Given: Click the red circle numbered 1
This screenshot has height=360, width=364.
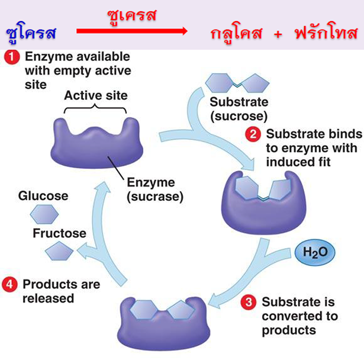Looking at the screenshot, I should [x=10, y=57].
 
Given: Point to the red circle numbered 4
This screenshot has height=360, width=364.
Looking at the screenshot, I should [x=10, y=285].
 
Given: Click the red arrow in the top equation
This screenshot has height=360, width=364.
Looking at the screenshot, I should [x=132, y=32].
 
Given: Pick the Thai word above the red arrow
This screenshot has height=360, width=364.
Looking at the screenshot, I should [x=132, y=16].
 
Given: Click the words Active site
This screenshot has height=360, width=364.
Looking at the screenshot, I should [x=96, y=96].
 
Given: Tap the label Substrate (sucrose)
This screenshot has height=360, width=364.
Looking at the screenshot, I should [x=239, y=108].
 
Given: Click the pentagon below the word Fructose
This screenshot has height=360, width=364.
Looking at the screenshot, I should [x=59, y=252].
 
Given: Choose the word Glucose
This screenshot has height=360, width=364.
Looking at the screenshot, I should [x=43, y=196].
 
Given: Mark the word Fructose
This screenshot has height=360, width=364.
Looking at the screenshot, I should [x=59, y=233].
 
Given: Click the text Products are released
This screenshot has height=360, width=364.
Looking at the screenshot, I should [x=61, y=291].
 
